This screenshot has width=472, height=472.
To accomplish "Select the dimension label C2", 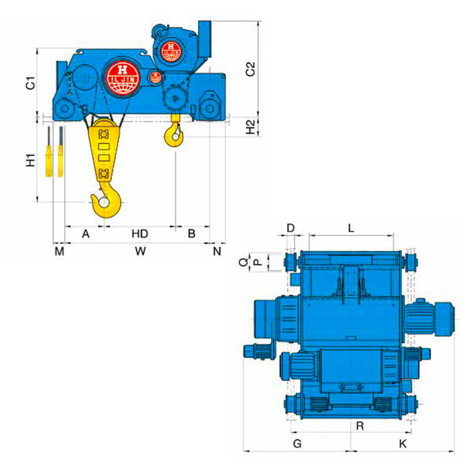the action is pos(250,69).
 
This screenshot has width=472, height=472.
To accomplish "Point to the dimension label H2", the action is pos(250,126).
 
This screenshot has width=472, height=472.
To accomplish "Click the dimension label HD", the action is pos(140,233).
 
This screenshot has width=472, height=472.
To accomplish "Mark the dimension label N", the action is pos(217,251).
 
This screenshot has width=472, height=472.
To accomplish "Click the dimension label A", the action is pos(86,233).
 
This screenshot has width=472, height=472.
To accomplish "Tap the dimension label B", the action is pos(192,233).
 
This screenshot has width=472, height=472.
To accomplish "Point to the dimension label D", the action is pos(291,227).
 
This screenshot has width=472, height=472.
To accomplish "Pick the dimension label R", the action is pos(359,426).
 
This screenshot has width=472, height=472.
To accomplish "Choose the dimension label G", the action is pos(298,444).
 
